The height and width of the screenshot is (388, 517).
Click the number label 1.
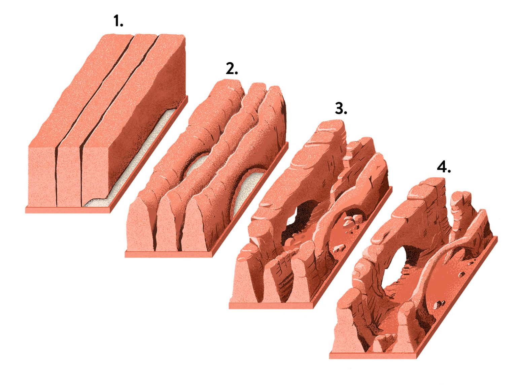point(118,21)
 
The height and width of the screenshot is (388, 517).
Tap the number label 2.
point(232,69)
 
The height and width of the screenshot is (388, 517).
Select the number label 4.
point(444,167)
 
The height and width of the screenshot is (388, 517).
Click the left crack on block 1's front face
point(56,177)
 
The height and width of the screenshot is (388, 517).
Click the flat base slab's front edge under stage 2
point(169,254)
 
